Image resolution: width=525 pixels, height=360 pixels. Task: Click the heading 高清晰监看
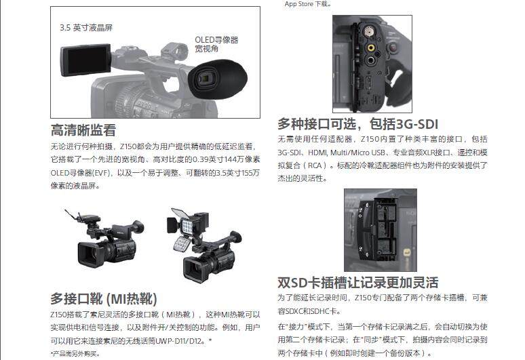coord(83,130)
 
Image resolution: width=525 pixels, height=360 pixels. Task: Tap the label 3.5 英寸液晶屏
coord(86,28)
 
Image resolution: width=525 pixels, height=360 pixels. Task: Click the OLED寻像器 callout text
coord(216,40)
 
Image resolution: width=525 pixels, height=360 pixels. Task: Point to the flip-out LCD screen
coord(85,60)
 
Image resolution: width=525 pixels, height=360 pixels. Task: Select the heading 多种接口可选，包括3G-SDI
coord(357,124)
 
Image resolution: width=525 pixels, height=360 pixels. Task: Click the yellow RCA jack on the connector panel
coord(370,47)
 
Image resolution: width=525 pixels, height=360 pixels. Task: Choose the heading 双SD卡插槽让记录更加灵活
coord(357,283)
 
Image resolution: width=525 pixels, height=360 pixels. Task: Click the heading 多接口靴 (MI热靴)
coord(104,299)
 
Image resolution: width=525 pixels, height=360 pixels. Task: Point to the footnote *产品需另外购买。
coord(75,353)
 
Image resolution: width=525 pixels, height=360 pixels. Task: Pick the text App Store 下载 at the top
coord(307,4)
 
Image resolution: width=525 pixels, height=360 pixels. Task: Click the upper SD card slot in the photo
coord(386,217)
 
